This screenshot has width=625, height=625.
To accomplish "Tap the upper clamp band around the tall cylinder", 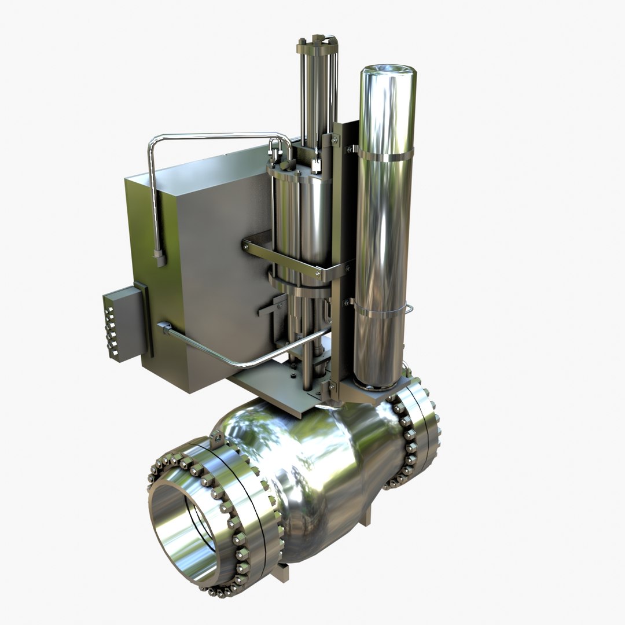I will tap(385, 155).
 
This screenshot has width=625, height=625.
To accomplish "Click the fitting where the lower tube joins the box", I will tap(164, 328).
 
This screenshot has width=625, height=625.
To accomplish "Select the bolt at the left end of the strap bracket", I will tap(248, 246).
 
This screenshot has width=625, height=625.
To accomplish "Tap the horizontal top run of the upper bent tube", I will tap(214, 137).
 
